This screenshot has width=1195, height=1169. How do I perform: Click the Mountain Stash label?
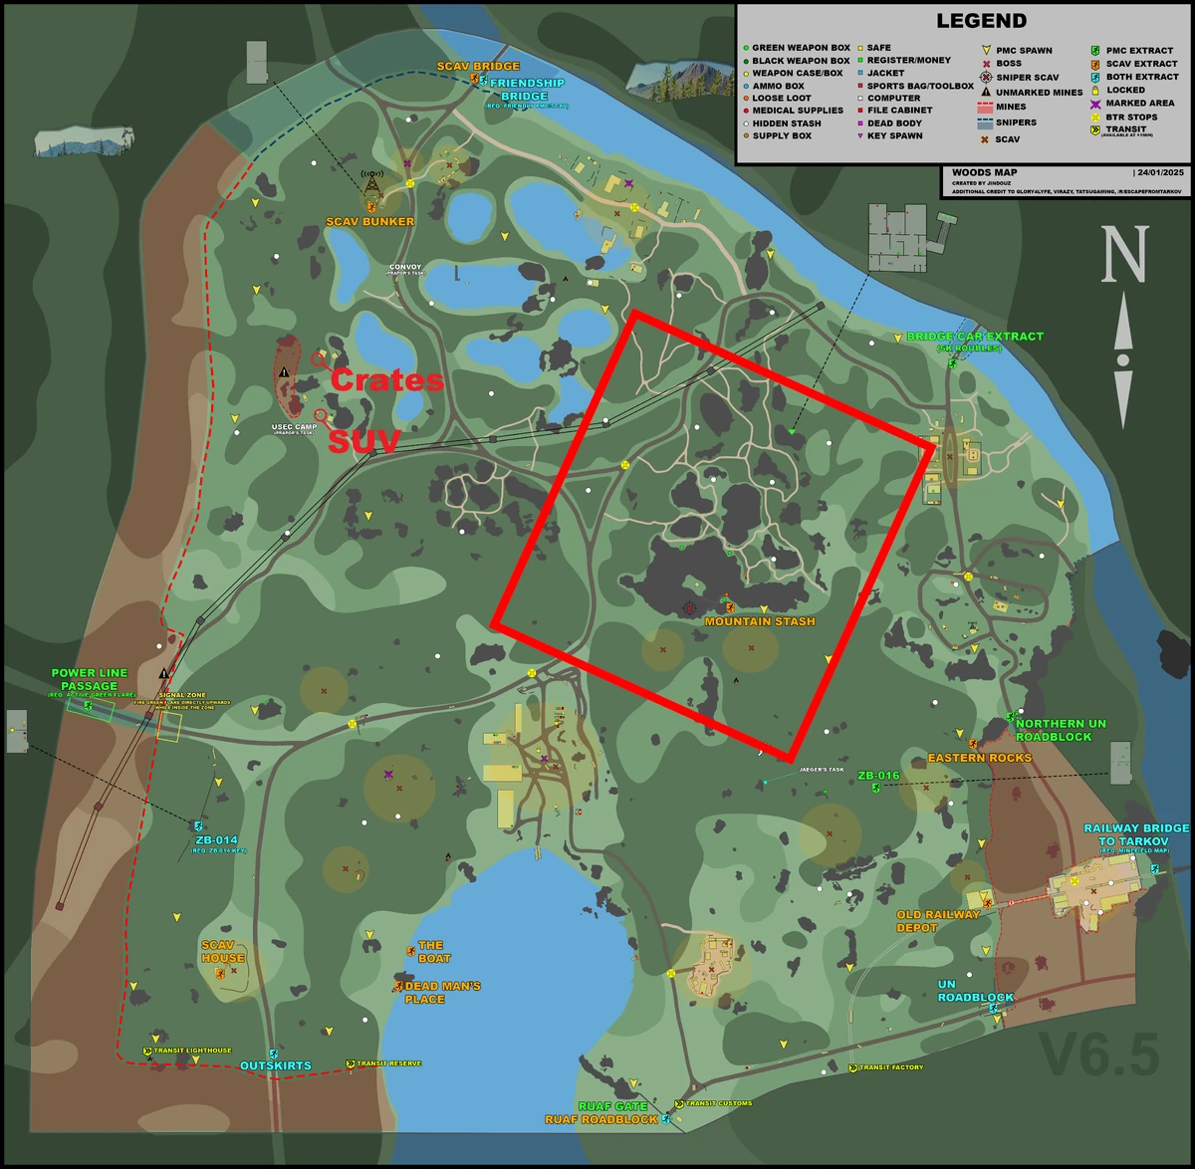click(x=760, y=621)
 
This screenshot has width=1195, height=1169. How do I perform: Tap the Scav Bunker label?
click(x=369, y=221)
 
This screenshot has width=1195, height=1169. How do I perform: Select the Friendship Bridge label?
click(x=525, y=90)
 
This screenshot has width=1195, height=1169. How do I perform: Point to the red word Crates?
click(x=386, y=380)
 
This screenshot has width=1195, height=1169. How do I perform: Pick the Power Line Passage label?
click(x=89, y=679)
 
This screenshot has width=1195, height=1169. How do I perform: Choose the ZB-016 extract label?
click(x=878, y=775)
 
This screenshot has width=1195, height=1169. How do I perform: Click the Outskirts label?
click(x=275, y=1065)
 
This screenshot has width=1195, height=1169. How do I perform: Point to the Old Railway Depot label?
click(x=938, y=921)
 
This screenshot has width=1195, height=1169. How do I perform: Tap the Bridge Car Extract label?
click(x=975, y=337)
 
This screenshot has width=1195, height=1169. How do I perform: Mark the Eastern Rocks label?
click(x=980, y=758)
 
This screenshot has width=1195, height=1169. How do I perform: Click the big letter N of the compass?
click(x=1123, y=255)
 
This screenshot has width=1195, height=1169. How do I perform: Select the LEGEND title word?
click(x=981, y=21)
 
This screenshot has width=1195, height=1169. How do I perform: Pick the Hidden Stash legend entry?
click(x=787, y=123)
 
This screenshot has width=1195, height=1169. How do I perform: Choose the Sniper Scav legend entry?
click(x=1027, y=77)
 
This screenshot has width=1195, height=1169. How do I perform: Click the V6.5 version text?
click(x=1099, y=1055)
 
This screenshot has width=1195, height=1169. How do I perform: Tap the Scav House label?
click(x=222, y=952)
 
